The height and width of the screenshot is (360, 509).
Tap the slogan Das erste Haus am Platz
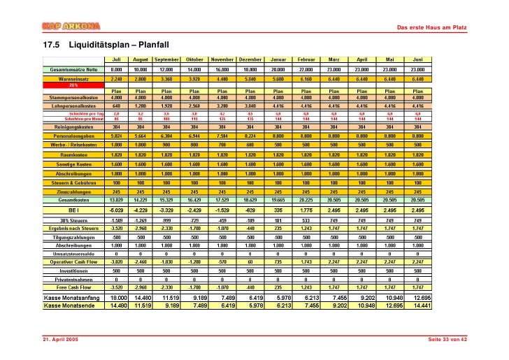(431, 27)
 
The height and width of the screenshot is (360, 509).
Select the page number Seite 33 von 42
(447, 338)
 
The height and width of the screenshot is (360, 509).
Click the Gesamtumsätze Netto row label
(73, 70)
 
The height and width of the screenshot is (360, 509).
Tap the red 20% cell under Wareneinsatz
(73, 85)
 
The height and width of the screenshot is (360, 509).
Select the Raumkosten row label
(73, 154)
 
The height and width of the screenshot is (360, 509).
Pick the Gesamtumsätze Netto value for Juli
(117, 70)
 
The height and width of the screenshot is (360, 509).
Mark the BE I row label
(73, 209)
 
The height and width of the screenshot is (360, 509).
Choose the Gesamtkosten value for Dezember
(250, 199)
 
